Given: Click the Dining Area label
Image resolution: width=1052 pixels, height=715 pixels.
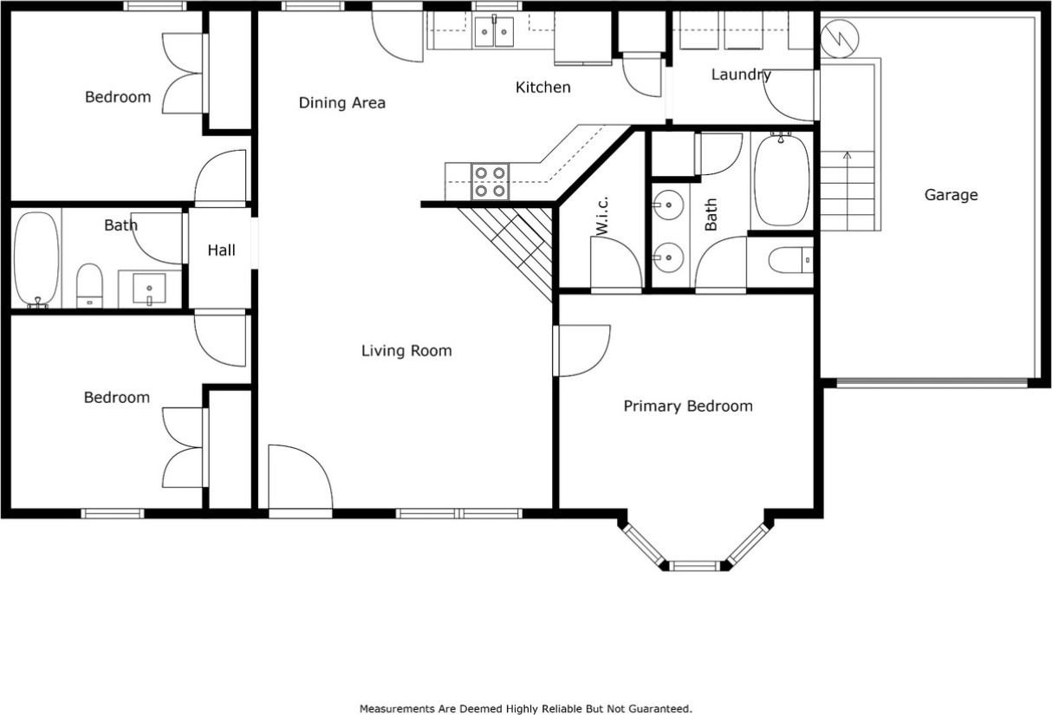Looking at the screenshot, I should (341, 103).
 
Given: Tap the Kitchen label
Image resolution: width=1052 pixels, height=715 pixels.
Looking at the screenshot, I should (542, 88).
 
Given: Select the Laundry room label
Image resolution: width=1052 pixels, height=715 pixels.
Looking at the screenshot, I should (740, 75).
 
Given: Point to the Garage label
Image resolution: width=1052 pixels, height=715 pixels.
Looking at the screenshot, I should (951, 195).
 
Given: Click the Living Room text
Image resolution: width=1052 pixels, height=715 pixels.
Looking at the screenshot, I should (406, 351).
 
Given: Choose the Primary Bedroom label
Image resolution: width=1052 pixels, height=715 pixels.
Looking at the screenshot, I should (688, 406).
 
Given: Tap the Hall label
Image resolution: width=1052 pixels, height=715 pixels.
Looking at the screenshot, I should (221, 250).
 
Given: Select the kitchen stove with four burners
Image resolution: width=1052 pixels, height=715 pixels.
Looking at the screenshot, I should (490, 181).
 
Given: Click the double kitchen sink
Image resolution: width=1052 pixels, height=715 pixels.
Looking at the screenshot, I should (493, 32).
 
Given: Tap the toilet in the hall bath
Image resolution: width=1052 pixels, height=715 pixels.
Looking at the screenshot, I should (89, 285).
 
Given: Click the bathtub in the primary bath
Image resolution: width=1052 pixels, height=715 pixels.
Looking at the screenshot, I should (782, 179).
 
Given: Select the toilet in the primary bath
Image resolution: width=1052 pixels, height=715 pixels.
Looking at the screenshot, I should (791, 259).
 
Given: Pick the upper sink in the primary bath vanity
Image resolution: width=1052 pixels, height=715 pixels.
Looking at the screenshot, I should (667, 206).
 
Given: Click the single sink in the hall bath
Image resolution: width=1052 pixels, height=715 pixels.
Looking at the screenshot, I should (150, 289).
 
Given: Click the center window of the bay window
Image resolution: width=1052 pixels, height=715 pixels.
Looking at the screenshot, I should (695, 566).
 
